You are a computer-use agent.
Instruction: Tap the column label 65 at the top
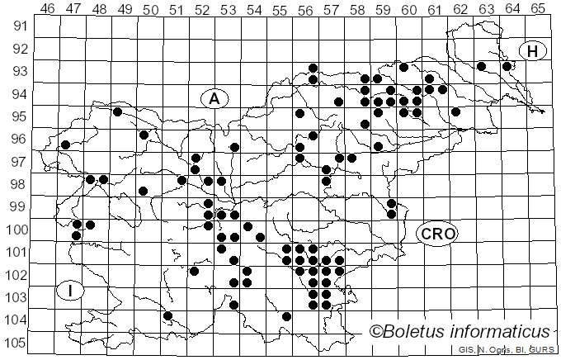pos(537,8)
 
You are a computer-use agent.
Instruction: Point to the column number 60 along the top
pos(408,8)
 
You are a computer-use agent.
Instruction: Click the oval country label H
pos(533,51)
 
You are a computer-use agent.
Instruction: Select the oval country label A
pos(214,99)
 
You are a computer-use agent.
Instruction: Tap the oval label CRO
pos(436,234)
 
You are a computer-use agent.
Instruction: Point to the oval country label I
pos(72,290)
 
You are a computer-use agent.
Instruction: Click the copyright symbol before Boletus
pos(378,332)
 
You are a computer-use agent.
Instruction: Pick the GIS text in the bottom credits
pos(466,350)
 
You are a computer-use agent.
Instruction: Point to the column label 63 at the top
pos(486,8)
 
